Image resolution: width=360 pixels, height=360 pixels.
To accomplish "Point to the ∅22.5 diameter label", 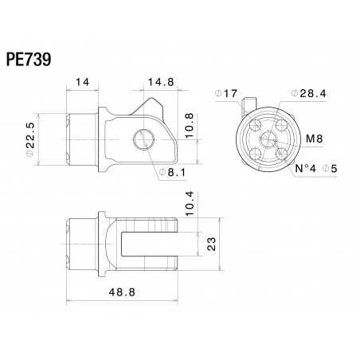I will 29,133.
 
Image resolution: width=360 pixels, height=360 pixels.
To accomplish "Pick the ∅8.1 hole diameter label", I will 173,171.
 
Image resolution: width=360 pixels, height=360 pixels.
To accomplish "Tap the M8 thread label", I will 315,139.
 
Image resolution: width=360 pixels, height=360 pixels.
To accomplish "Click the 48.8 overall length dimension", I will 121,292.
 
